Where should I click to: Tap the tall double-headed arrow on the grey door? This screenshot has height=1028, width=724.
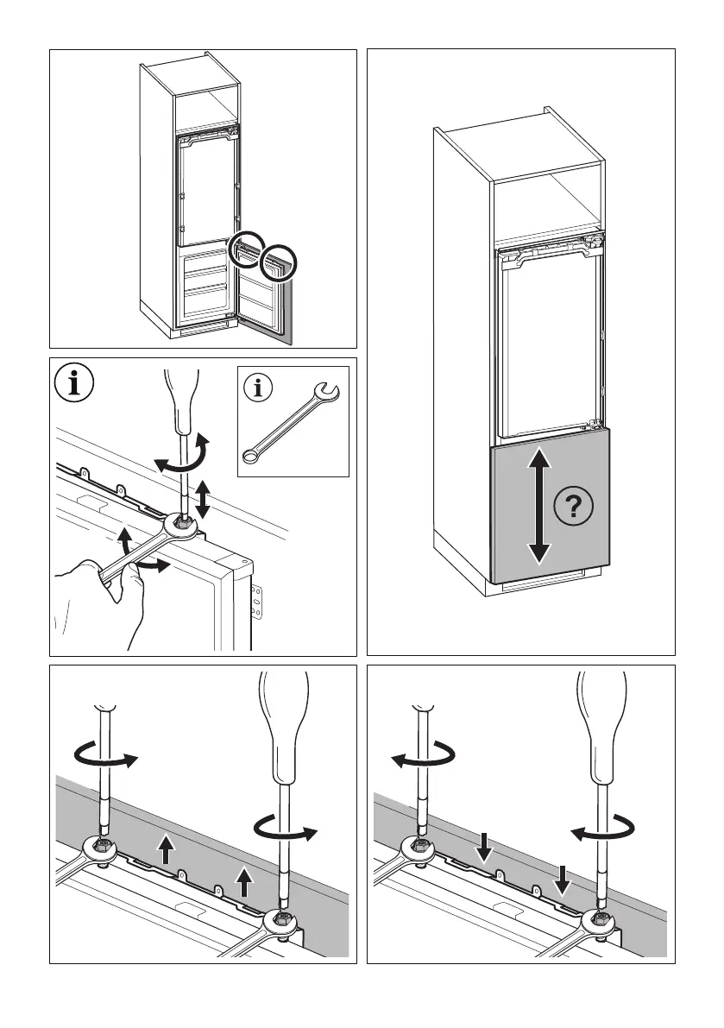point(539,505)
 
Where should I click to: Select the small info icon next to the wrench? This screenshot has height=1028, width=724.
point(257,388)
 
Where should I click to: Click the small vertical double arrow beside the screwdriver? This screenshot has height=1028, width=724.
point(204,500)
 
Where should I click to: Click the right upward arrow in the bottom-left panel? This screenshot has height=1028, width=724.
point(245,882)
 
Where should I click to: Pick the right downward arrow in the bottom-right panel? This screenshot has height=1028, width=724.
point(563,879)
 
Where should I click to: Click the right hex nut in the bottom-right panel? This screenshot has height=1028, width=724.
point(597,919)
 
